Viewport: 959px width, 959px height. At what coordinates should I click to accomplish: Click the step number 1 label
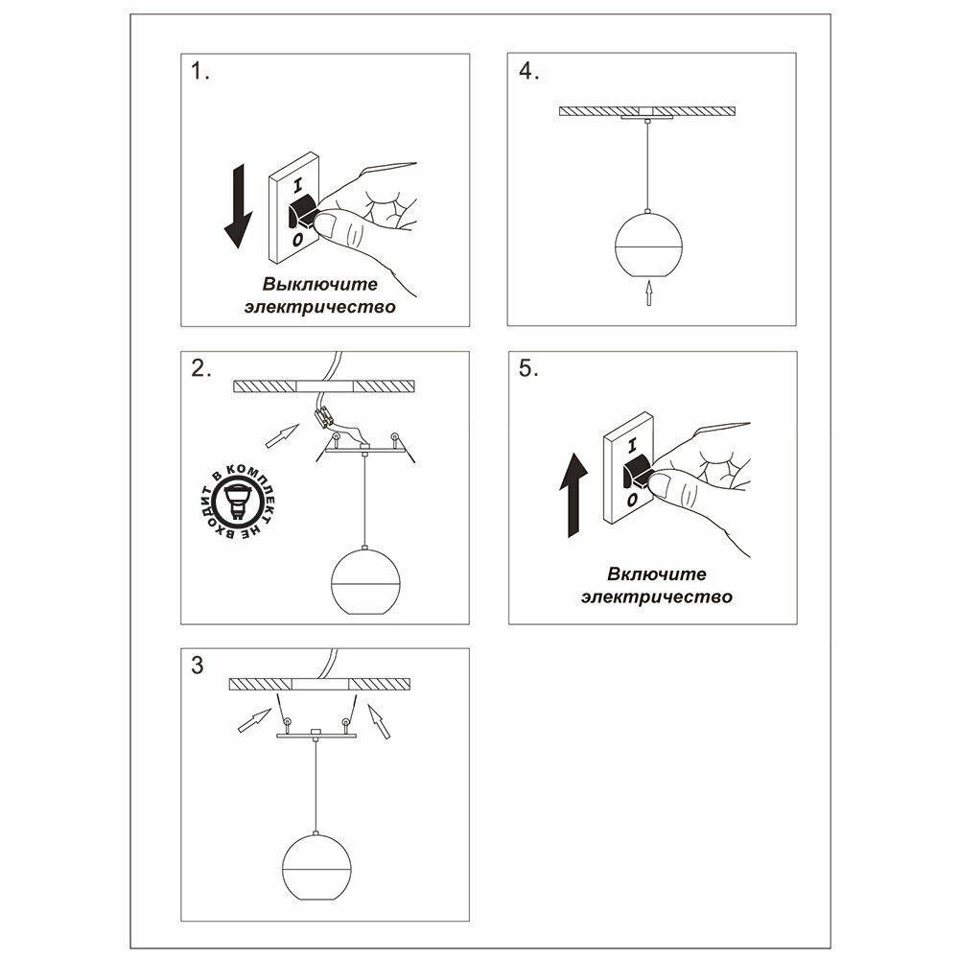[x=199, y=72]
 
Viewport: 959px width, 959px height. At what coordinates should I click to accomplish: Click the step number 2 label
[x=200, y=369]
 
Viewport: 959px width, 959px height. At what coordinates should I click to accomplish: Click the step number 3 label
[x=198, y=665]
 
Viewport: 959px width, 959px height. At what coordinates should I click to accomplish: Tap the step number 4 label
[x=528, y=72]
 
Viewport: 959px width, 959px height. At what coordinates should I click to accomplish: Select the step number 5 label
[x=528, y=369]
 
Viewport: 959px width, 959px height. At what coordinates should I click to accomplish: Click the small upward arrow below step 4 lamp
[x=649, y=292]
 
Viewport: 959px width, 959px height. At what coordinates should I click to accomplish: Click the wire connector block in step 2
[x=323, y=417]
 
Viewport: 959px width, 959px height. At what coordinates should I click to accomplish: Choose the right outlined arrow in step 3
[x=379, y=722]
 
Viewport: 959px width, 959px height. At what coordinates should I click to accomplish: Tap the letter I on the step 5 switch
[x=631, y=446]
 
